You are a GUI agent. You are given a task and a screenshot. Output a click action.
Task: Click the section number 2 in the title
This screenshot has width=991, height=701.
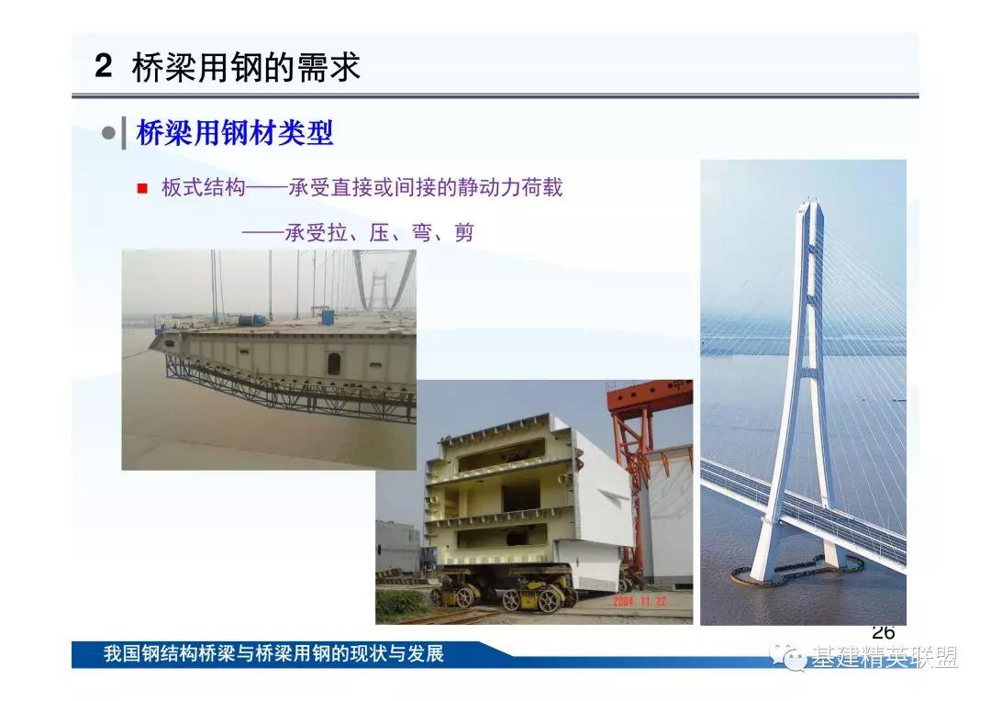pyautogui.click(x=104, y=66)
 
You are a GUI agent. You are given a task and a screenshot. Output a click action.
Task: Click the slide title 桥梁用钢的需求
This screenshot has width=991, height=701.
pyautogui.click(x=246, y=66)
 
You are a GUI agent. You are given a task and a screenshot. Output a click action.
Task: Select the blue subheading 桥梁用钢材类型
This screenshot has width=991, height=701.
pyautogui.click(x=235, y=133)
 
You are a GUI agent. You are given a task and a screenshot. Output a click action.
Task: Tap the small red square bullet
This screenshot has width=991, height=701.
pyautogui.click(x=142, y=188)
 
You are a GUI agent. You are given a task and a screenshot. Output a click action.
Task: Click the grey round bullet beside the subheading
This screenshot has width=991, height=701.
pyautogui.click(x=108, y=133)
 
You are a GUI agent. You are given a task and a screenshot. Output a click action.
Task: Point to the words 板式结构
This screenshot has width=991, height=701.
pyautogui.click(x=203, y=187)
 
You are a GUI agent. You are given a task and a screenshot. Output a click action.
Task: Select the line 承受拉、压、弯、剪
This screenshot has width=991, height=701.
pyautogui.click(x=379, y=233)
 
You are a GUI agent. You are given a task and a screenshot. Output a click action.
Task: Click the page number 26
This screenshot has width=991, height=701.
pyautogui.click(x=883, y=631)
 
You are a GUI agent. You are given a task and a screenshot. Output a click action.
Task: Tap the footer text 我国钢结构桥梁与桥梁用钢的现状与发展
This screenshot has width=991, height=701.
pyautogui.click(x=273, y=653)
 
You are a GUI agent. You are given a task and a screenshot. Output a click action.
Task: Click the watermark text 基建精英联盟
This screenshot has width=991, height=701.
pyautogui.click(x=885, y=657)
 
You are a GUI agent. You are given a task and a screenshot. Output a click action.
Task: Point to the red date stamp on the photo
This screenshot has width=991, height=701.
pyautogui.click(x=639, y=601)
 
